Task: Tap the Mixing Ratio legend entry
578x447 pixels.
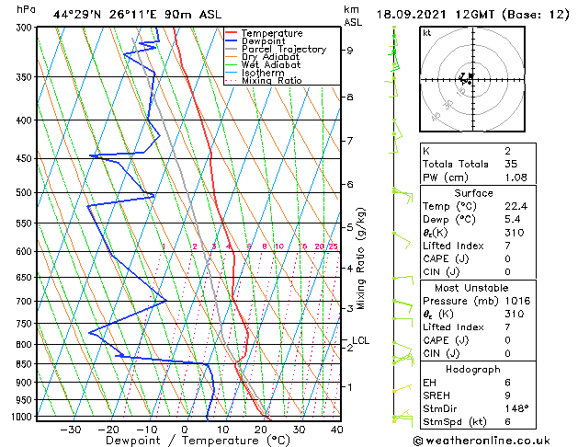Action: pyautogui.click(x=271, y=81)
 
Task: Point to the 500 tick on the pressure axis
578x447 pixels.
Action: pyautogui.click(x=22, y=193)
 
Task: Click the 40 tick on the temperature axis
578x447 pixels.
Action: pyautogui.click(x=337, y=429)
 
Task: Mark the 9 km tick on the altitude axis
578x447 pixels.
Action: pyautogui.click(x=350, y=51)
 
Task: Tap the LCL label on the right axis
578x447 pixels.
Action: pyautogui.click(x=360, y=340)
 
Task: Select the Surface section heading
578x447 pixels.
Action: pyautogui.click(x=493, y=193)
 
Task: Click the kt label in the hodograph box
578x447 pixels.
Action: pyautogui.click(x=426, y=33)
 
